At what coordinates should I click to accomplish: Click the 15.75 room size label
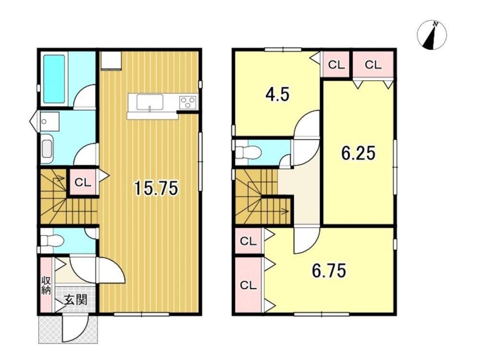point(156,188)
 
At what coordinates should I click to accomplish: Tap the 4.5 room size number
point(277,95)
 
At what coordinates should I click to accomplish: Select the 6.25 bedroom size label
point(358,153)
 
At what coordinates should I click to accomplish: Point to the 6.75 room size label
point(329,271)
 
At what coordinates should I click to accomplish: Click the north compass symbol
point(432,35)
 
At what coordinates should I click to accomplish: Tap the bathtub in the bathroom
point(54,79)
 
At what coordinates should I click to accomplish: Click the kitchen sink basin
point(150,102)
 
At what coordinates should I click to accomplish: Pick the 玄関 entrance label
point(76,300)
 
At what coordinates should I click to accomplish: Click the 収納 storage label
point(47,285)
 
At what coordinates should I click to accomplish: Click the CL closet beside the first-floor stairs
point(83,183)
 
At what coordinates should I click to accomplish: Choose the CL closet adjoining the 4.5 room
point(336,65)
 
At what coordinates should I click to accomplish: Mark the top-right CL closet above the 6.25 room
point(373,65)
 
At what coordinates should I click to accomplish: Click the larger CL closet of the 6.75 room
point(248,285)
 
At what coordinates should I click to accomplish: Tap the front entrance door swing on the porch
point(75,328)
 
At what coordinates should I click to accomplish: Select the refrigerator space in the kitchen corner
point(111,60)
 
